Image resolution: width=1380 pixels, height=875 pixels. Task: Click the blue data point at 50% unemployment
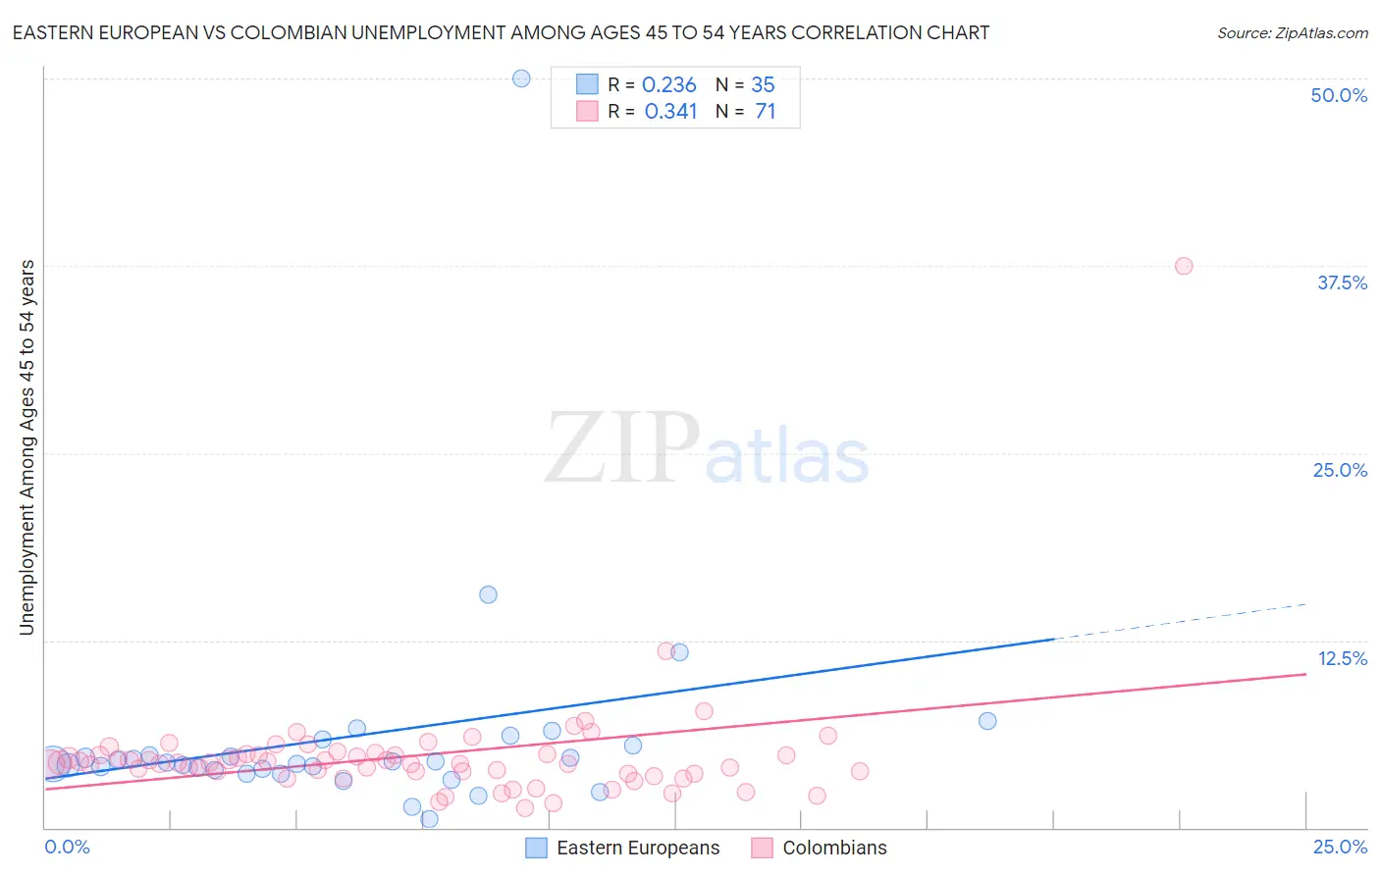(x=521, y=78)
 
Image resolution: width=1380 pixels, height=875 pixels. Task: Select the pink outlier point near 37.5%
(x=1184, y=266)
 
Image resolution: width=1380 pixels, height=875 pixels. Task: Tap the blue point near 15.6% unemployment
(x=488, y=594)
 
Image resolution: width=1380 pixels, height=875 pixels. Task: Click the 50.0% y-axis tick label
(x=1339, y=95)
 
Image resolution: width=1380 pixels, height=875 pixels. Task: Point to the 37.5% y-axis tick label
(x=1342, y=283)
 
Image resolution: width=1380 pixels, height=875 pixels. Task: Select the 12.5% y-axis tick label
(x=1342, y=658)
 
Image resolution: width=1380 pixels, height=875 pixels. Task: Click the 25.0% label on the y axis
(x=1340, y=470)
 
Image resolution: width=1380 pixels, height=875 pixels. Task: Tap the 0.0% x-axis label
(x=67, y=847)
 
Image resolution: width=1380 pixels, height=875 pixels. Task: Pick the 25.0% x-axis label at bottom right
(x=1340, y=847)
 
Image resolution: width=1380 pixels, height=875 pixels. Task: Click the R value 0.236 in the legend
(x=668, y=85)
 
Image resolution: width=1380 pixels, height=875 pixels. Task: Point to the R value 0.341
(x=670, y=112)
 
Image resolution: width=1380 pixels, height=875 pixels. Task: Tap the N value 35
(x=763, y=85)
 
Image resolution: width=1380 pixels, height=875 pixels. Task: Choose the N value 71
(x=765, y=112)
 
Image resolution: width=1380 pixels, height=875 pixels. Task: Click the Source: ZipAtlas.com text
(x=1292, y=33)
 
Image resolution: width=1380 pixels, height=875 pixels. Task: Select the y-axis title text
(x=27, y=447)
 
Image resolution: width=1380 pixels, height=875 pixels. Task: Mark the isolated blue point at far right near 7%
(x=987, y=721)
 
